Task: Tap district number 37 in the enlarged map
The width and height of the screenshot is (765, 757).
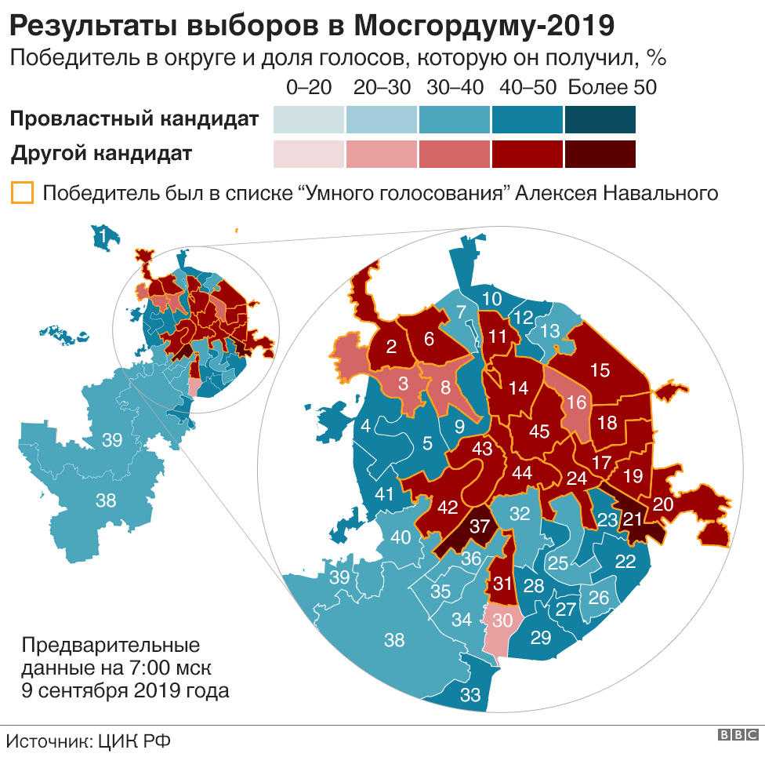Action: coord(479,527)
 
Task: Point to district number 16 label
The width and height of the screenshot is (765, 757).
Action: coord(576,402)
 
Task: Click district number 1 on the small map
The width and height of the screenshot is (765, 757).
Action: coord(102,234)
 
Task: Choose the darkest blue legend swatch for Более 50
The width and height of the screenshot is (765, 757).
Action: coord(600,120)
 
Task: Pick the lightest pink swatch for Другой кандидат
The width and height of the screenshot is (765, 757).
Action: coord(309,154)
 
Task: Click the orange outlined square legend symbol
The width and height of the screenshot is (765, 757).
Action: coord(22,193)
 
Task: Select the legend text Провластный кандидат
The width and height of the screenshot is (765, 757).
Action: coord(134,120)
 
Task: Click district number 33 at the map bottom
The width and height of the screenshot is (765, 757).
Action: coord(470,694)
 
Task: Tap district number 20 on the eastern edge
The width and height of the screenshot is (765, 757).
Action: coord(662,504)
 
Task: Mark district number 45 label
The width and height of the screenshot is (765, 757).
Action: coord(539,431)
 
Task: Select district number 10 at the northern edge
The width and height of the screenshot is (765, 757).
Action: coord(491,298)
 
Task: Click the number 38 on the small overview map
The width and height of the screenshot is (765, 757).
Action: coord(106,499)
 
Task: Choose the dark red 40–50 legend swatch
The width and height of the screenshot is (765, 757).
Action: coord(528,154)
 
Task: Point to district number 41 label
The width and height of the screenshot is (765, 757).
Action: coord(383,495)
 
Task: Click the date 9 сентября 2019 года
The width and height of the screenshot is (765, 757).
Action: coord(125,690)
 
